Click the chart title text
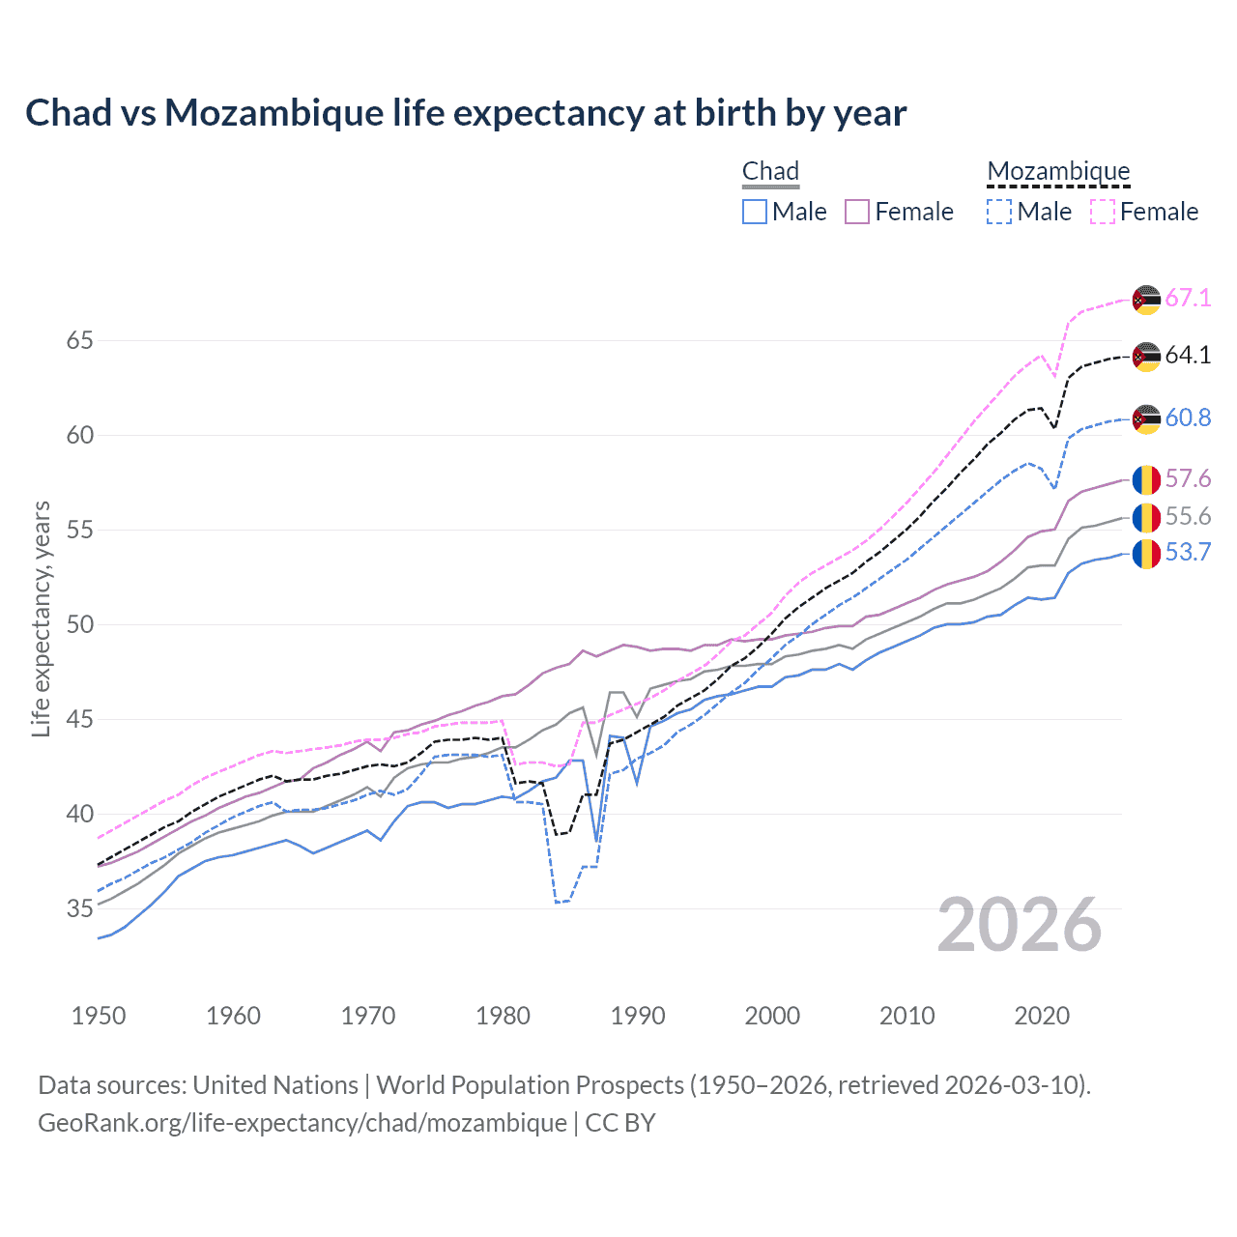coord(466,113)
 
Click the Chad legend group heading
coord(770,171)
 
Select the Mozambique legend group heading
coord(1058,171)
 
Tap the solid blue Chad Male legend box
coord(755,212)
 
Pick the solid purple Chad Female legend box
coord(857,212)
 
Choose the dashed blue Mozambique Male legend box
coord(999,212)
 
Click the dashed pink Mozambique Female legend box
coord(1103,212)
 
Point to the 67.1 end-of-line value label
coord(1188,298)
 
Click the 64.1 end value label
coord(1188,355)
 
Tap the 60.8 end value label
coord(1188,417)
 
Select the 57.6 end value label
coord(1188,478)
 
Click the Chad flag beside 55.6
coord(1146,517)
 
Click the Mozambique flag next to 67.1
coord(1146,299)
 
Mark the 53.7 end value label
coord(1188,553)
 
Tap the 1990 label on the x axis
coord(638,1016)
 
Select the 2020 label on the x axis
coord(1042,1016)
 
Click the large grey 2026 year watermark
coord(1020,925)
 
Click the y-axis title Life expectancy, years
coord(42,618)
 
